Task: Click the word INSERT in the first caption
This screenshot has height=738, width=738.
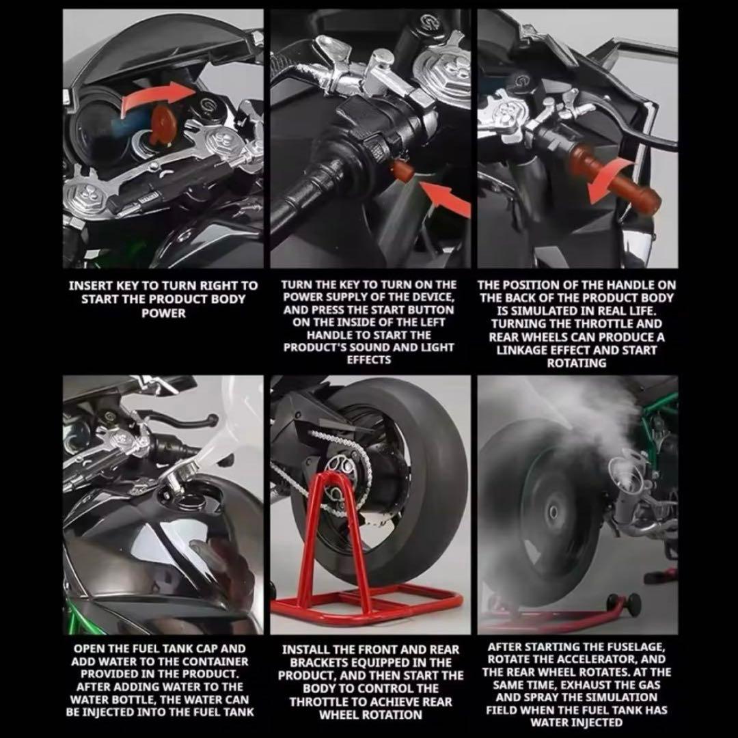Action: pos(90,285)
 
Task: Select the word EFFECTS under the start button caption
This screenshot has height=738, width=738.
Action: pos(369,360)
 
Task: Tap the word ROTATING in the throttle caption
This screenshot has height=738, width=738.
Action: pos(576,363)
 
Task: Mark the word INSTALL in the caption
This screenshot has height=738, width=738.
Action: pos(307,649)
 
